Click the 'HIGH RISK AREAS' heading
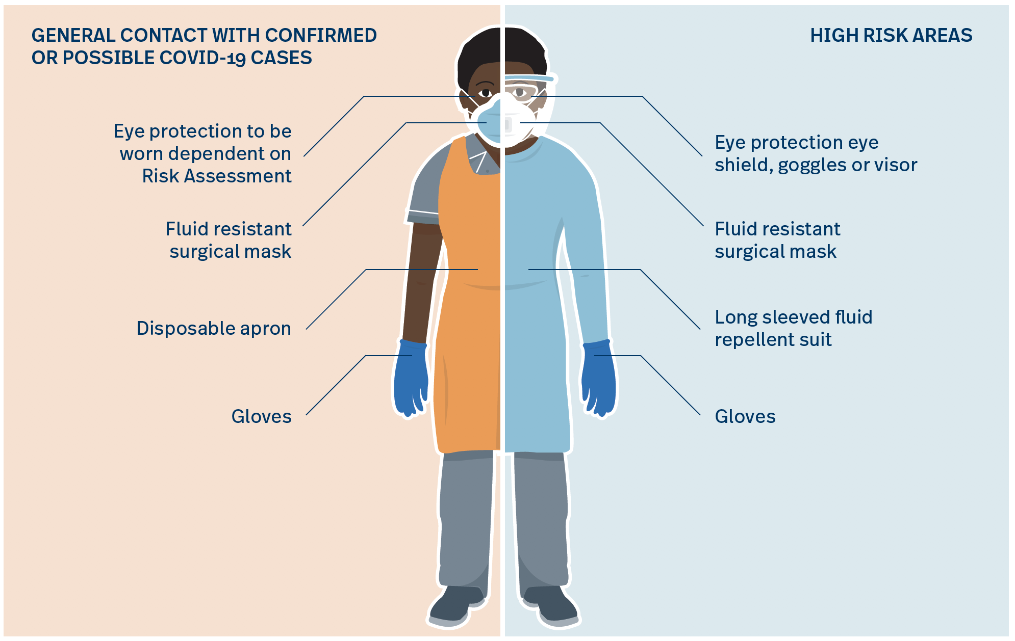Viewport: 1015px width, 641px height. click(891, 35)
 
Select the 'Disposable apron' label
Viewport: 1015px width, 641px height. click(214, 329)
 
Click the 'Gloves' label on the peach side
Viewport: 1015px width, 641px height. click(262, 416)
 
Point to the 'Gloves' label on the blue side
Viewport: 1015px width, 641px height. click(745, 416)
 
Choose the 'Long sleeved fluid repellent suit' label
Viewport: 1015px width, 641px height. click(794, 328)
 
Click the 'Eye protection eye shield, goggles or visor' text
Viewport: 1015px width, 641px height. click(816, 153)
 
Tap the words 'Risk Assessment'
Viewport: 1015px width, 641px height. click(217, 176)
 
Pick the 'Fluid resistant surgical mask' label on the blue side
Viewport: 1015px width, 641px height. click(777, 240)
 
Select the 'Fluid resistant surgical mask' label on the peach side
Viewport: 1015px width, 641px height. click(229, 240)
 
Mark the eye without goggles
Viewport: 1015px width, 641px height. click(485, 93)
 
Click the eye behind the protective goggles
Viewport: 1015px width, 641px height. click(519, 92)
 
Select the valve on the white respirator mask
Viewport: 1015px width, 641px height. click(508, 125)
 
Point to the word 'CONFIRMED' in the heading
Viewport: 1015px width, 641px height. click(321, 35)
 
